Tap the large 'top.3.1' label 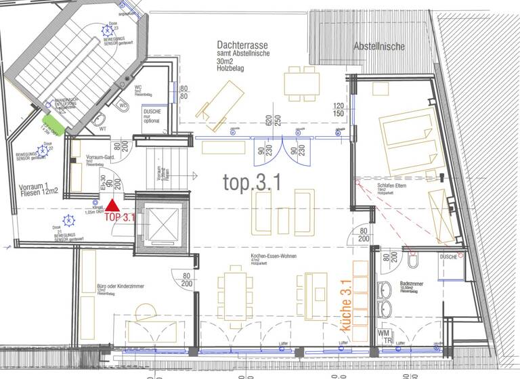[x=253, y=181]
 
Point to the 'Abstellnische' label [x=379, y=47]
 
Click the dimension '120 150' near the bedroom [x=339, y=110]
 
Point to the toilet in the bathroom [x=414, y=260]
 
